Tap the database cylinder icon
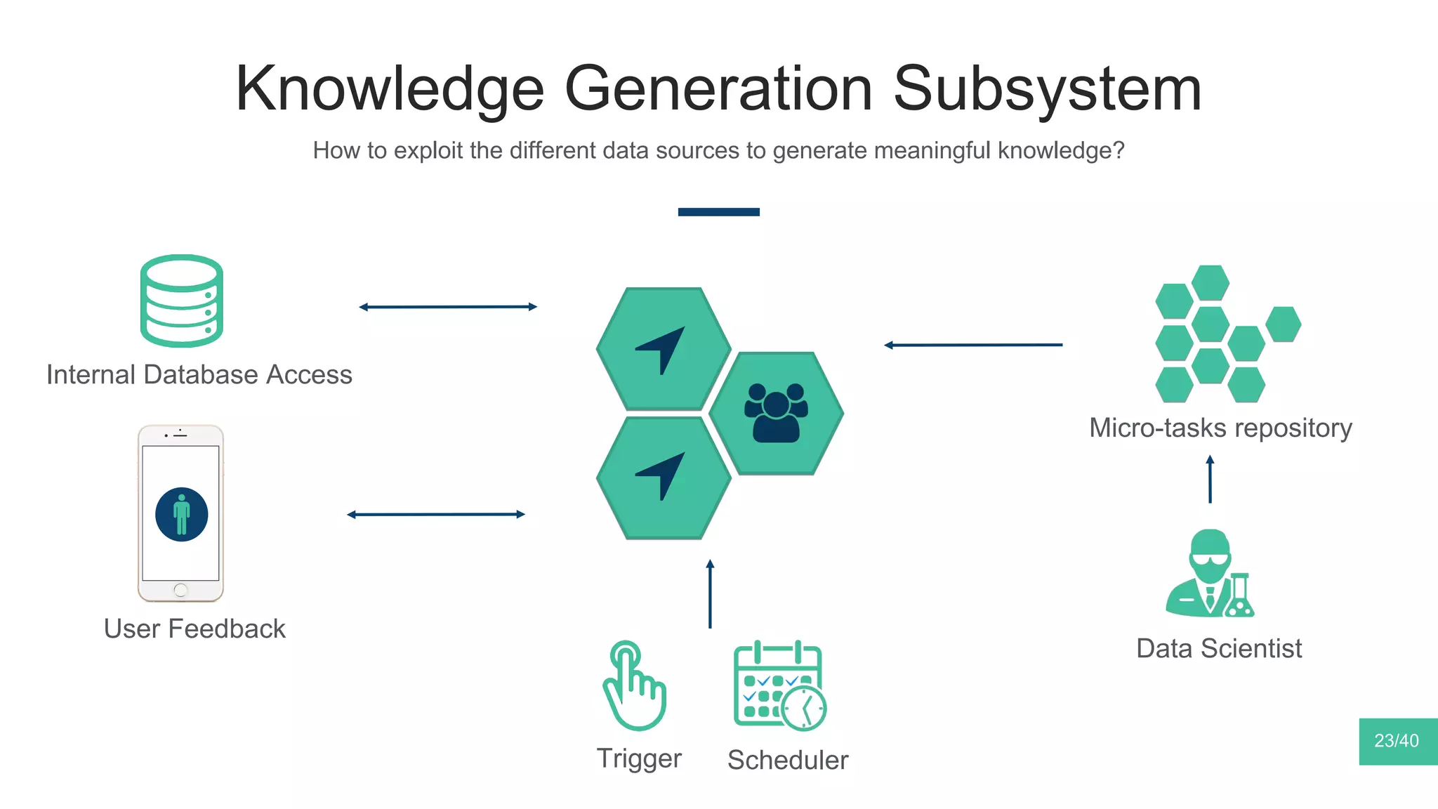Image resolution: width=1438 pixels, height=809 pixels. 181,301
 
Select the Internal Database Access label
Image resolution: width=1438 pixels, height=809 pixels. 199,375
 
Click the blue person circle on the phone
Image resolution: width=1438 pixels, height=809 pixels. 181,514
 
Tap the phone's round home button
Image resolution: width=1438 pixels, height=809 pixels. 180,590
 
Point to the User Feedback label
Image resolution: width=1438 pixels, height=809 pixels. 194,629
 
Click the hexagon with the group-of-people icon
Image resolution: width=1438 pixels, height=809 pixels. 776,413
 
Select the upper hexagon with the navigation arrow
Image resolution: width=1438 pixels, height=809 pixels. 664,349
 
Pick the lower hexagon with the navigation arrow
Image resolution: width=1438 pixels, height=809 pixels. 664,478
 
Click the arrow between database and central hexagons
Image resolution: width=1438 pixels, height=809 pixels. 448,307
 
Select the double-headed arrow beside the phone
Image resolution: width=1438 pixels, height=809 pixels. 436,515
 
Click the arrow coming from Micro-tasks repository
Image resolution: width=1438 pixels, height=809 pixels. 973,345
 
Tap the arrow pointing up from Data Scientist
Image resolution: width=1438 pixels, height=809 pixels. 1210,480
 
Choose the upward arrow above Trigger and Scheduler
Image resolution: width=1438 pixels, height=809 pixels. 710,593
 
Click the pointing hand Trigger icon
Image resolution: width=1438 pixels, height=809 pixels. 634,686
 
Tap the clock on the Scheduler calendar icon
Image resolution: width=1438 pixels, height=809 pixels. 805,709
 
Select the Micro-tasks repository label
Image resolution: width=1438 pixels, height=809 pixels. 1220,428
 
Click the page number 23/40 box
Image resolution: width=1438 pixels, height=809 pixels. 1397,741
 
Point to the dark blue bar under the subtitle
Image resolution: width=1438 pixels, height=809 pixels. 718,212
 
